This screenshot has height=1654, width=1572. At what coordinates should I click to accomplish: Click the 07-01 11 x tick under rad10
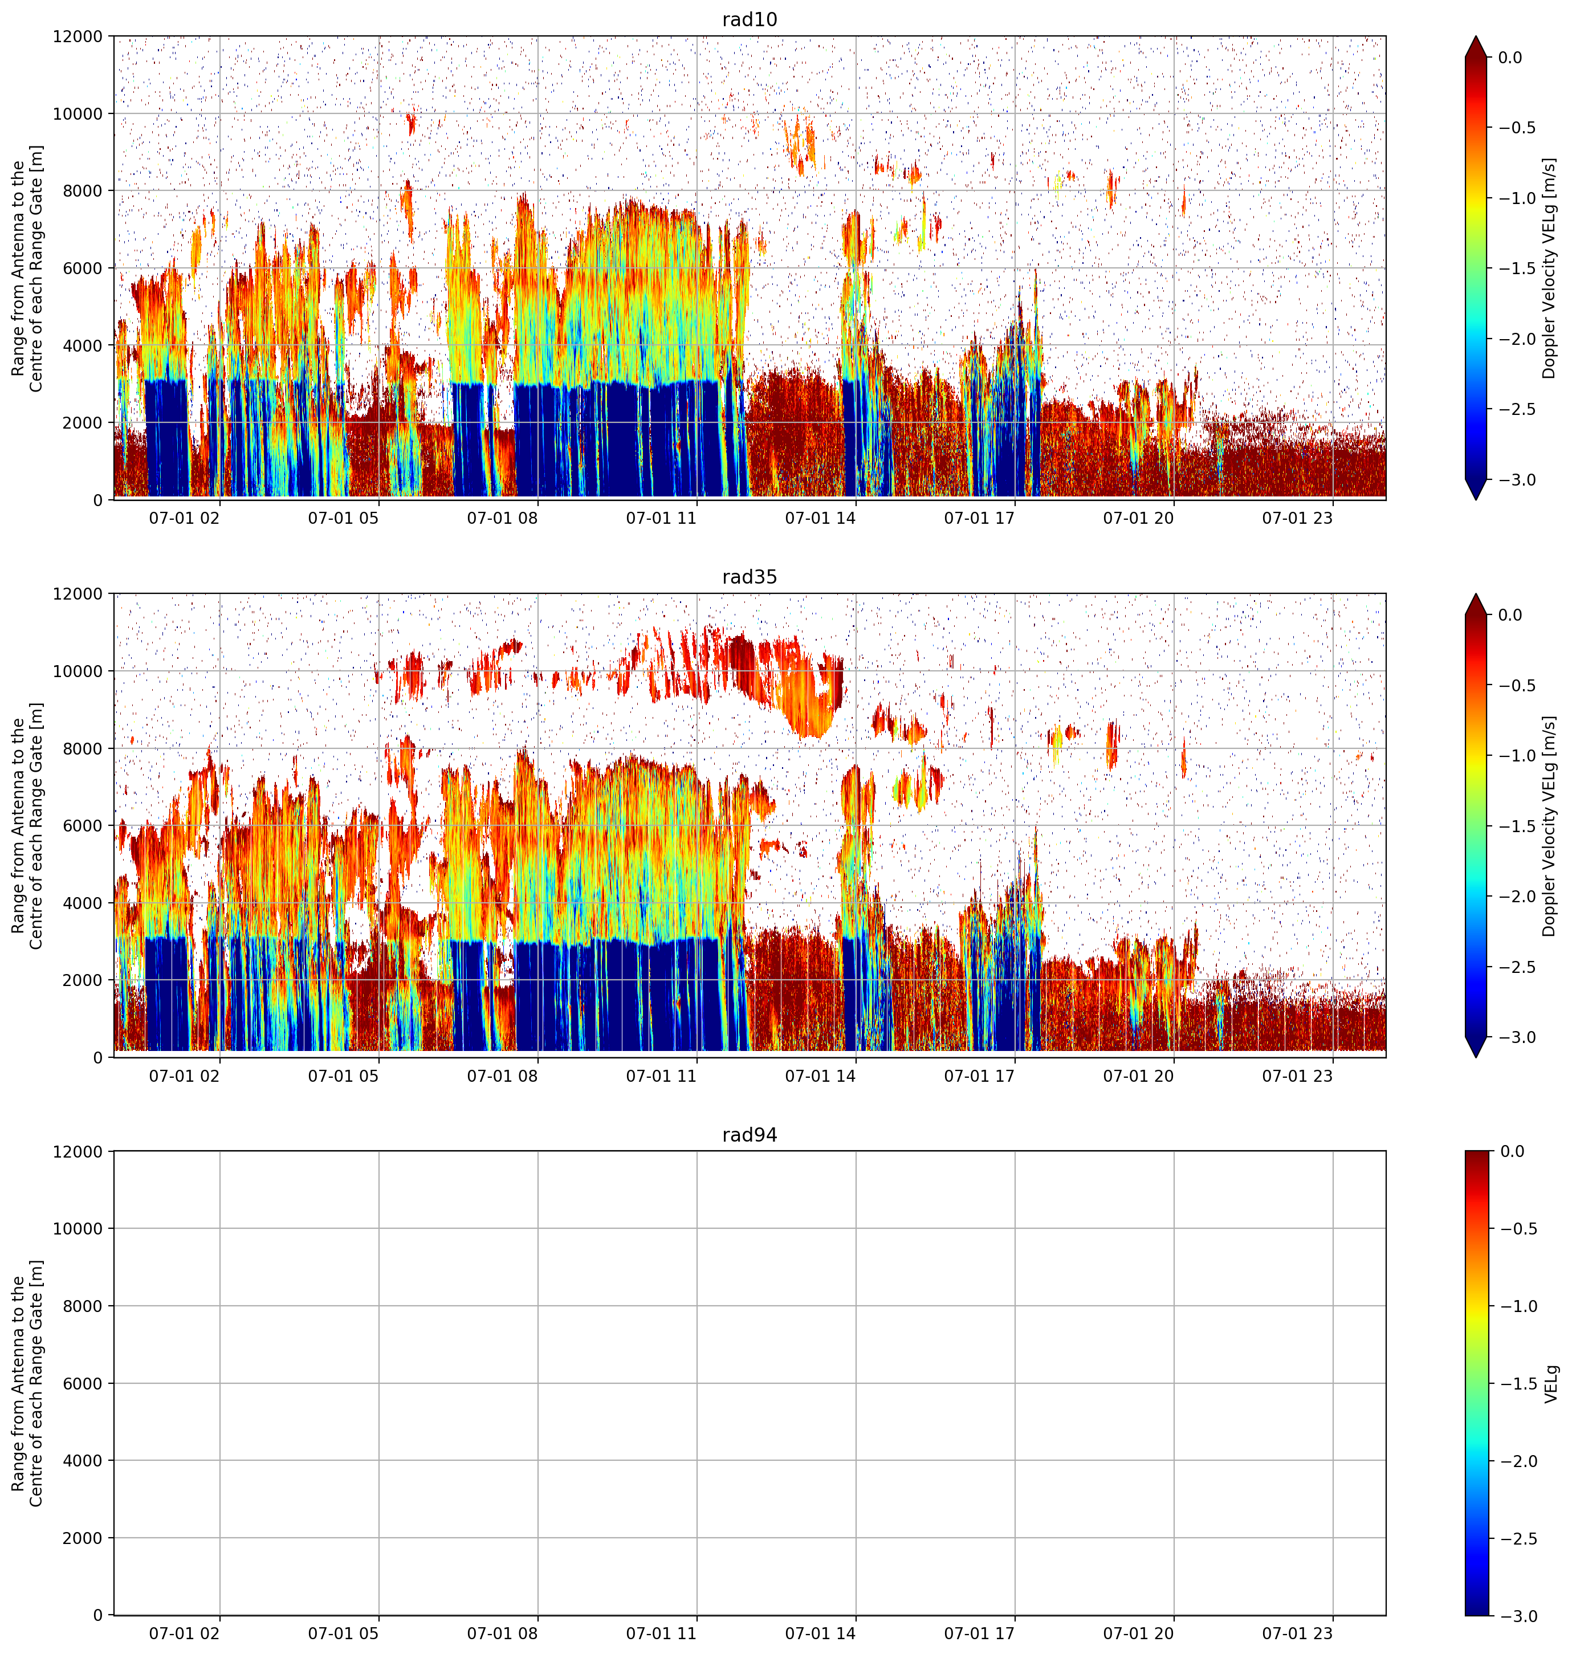click(662, 518)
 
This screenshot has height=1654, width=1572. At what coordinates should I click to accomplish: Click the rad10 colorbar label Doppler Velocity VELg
click(1550, 268)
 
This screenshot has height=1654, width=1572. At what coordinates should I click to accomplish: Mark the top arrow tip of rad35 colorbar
click(1476, 594)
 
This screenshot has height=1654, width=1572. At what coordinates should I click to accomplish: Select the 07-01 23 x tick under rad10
click(1297, 518)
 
